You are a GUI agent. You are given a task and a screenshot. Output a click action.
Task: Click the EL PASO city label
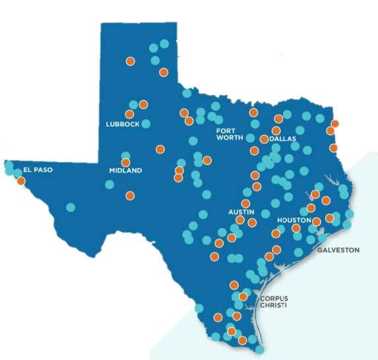click(37, 169)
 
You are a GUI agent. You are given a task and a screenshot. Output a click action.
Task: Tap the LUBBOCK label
click(123, 124)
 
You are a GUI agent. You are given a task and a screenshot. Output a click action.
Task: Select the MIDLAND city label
click(125, 171)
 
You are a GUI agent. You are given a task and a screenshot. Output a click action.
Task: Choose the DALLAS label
click(284, 140)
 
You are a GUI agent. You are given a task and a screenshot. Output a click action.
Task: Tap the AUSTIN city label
click(241, 212)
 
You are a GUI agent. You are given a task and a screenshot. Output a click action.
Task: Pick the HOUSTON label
click(294, 220)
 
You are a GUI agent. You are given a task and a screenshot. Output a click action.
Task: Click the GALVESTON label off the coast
click(338, 251)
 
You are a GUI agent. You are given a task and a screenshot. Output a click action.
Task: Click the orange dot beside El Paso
click(21, 180)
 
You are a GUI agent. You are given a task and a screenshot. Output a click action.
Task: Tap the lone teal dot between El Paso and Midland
click(71, 207)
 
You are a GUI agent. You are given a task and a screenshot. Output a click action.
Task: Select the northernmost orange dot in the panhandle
click(130, 61)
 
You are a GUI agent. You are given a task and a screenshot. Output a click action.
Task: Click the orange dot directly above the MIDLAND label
click(125, 162)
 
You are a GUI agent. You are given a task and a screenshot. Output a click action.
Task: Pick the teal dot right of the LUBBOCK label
click(146, 123)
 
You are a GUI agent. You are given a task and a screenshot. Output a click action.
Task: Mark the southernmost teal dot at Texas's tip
click(259, 349)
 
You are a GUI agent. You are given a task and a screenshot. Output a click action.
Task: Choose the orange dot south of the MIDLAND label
click(130, 195)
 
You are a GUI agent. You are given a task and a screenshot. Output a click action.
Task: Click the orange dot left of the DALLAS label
click(264, 139)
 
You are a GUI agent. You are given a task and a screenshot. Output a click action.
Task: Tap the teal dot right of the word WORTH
click(251, 138)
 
